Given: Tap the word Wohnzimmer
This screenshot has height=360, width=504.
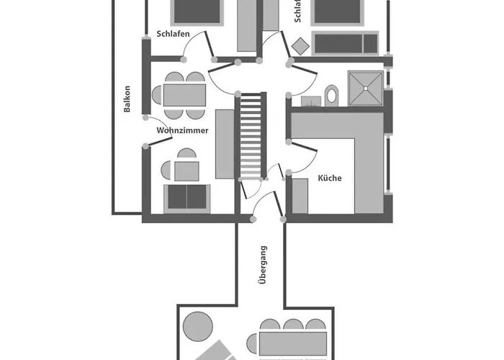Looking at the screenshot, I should [x=182, y=131].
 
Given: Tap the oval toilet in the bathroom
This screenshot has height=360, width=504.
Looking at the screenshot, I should [x=331, y=94].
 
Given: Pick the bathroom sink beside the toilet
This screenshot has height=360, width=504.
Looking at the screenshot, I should [x=310, y=102].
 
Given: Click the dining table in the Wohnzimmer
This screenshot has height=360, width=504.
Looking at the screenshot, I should [x=184, y=95].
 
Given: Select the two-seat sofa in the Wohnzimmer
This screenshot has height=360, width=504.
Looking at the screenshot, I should [x=187, y=197].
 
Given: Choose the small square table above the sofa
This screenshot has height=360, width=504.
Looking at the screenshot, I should [x=187, y=171].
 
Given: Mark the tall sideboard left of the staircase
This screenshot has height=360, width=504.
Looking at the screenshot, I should [x=224, y=144].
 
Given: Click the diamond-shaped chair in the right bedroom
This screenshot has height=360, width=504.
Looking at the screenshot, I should [x=300, y=45].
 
